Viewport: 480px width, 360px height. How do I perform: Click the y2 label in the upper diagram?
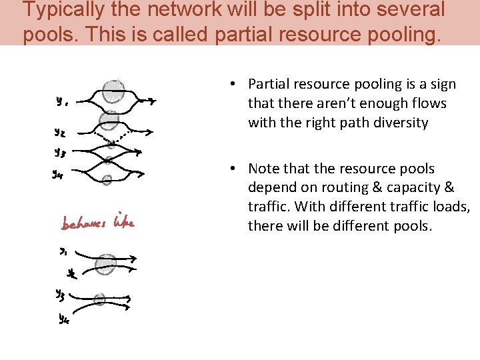point(60,132)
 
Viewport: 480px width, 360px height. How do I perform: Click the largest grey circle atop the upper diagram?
point(114,92)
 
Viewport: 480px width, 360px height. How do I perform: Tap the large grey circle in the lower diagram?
point(105,265)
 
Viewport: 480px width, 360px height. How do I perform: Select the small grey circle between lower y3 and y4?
point(100,300)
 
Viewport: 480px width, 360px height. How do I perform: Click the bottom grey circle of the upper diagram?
point(107,179)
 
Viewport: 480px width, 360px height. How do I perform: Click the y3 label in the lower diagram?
point(60,293)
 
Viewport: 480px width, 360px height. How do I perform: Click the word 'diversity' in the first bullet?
point(399,123)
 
